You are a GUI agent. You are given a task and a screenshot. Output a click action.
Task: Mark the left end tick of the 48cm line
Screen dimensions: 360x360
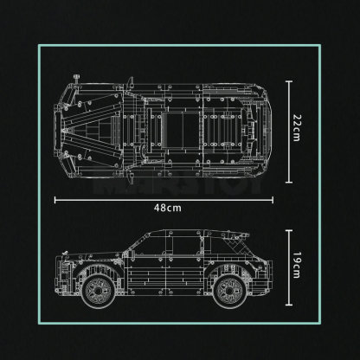pyautogui.click(x=55, y=197)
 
